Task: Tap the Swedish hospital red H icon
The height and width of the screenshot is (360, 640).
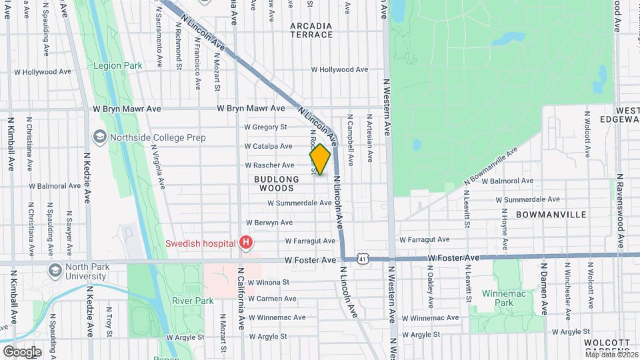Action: (247, 242)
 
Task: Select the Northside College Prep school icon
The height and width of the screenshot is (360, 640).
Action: (100, 137)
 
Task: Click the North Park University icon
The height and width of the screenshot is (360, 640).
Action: (55, 271)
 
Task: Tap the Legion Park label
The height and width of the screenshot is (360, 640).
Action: (118, 66)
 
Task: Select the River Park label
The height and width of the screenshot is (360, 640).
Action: (193, 301)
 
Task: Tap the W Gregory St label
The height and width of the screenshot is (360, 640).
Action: (265, 127)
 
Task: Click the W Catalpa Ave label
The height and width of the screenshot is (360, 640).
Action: (268, 146)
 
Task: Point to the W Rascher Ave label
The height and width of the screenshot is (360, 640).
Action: (269, 165)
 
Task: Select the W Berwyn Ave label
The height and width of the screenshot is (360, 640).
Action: (269, 222)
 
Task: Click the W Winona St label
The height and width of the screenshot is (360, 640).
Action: (269, 282)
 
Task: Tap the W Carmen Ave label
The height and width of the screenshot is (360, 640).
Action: (271, 299)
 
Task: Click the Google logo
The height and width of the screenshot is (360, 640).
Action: (22, 351)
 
